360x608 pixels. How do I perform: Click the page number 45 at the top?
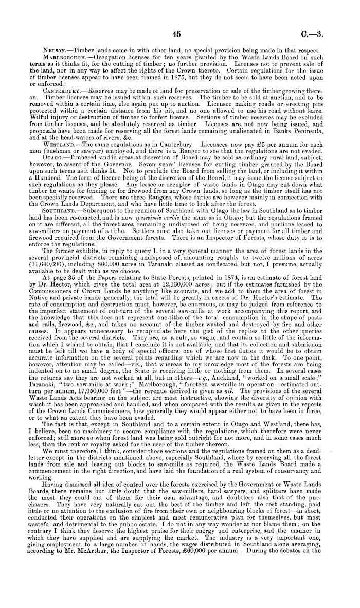[x=178, y=34]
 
